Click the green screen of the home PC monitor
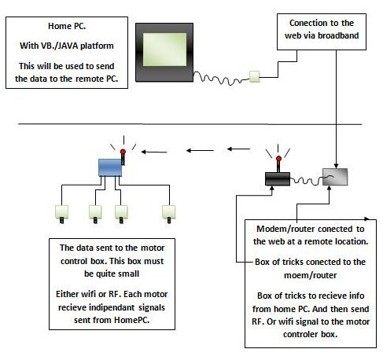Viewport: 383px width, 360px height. tap(164, 50)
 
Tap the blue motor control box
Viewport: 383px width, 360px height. tap(110, 167)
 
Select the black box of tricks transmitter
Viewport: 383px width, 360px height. tap(278, 178)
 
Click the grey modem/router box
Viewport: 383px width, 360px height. tap(335, 177)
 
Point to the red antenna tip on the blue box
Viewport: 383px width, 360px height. tap(123, 152)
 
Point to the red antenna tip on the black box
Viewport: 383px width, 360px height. tap(278, 159)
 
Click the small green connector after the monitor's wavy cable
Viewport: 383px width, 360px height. tap(254, 76)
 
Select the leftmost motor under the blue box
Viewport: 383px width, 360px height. tap(61, 214)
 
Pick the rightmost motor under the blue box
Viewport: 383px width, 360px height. tap(169, 214)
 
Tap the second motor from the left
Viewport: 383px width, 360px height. tap(95, 214)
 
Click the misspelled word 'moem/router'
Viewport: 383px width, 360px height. tap(310, 275)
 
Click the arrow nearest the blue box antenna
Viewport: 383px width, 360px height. tap(154, 152)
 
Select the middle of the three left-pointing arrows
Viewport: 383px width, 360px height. tap(200, 150)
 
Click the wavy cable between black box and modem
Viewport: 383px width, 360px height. tap(306, 180)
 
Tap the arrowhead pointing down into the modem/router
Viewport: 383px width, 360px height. tap(336, 166)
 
